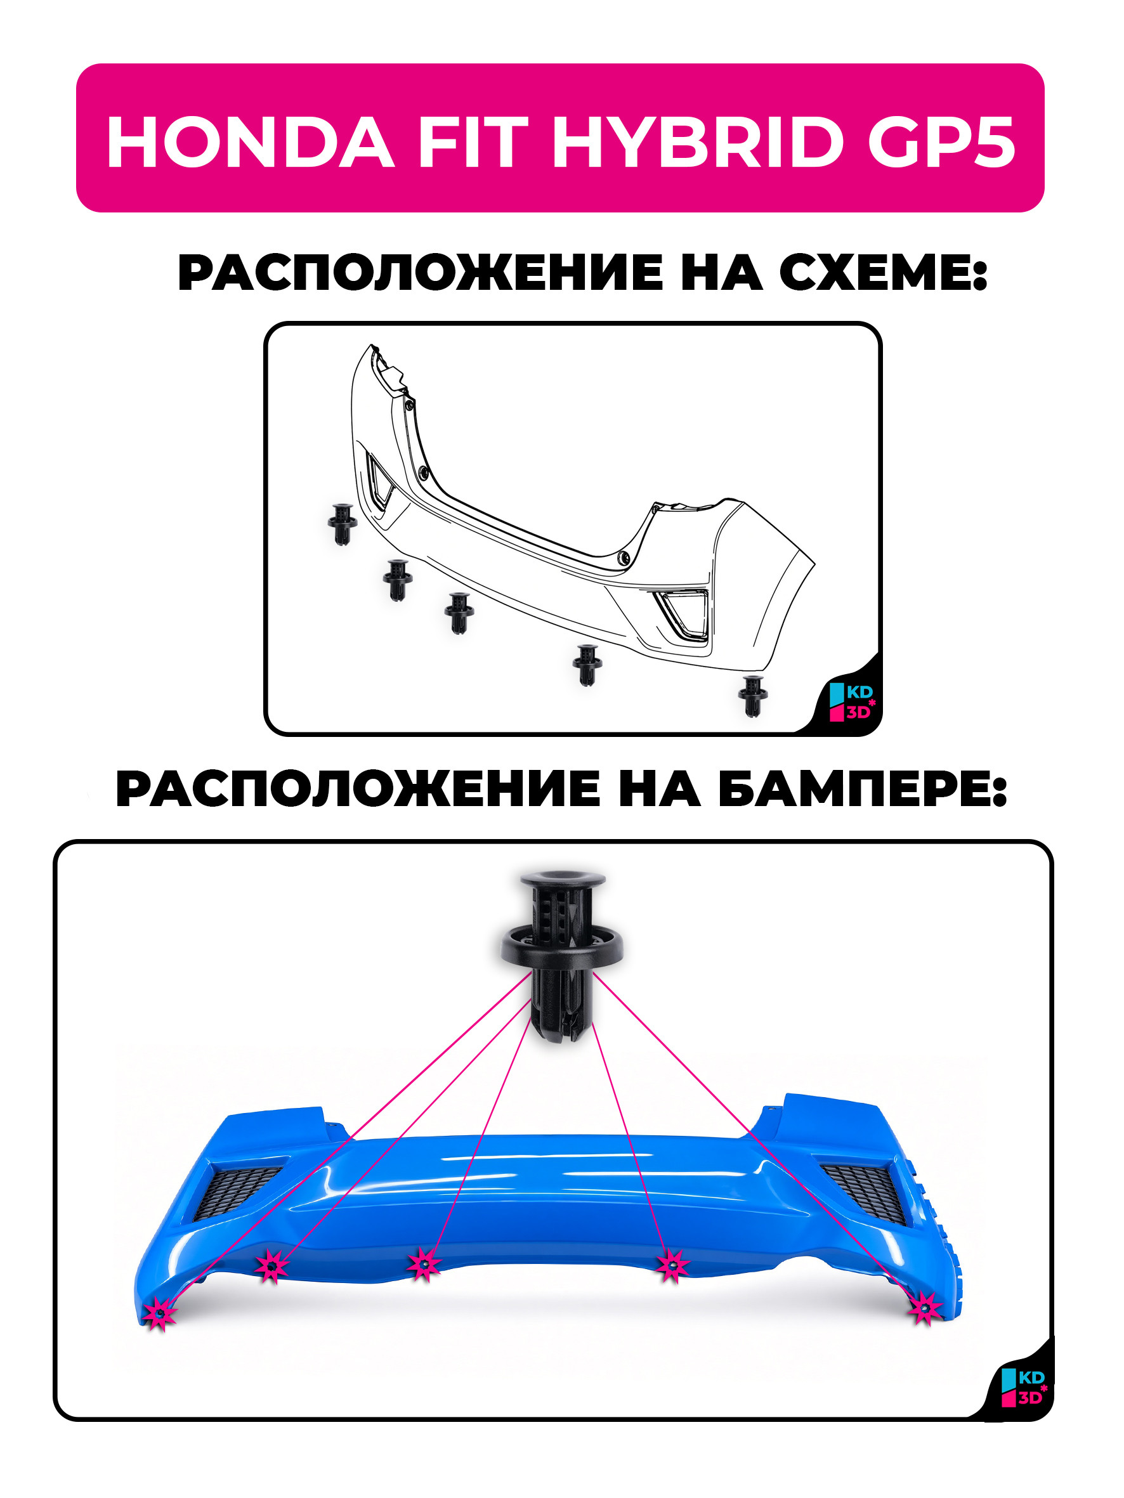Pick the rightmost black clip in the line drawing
click(x=752, y=696)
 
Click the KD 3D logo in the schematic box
click(x=853, y=702)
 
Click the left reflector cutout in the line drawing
click(x=379, y=481)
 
